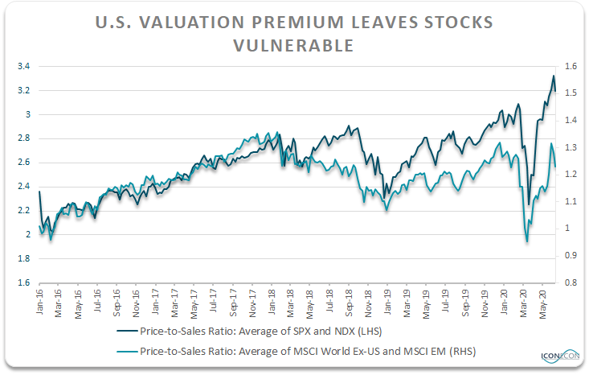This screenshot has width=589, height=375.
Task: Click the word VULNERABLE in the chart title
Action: click(x=293, y=46)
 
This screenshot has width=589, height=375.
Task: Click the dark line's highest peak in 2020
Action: click(x=553, y=76)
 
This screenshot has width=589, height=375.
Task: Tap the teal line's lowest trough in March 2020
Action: click(x=527, y=241)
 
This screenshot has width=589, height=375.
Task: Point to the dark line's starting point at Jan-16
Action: click(x=39, y=192)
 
